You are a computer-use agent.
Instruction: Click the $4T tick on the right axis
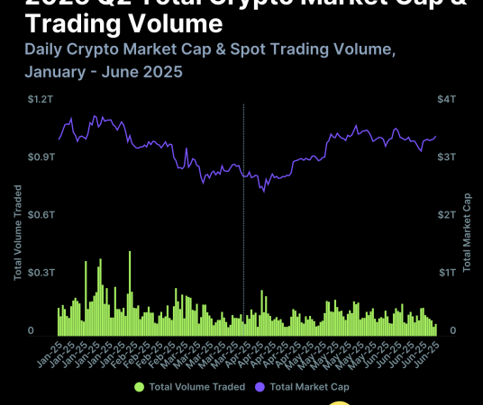(447, 99)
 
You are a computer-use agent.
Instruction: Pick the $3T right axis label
(447, 157)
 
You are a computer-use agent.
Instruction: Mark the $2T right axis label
(447, 215)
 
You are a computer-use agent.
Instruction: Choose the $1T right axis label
(447, 273)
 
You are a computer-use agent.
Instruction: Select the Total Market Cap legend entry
(309, 387)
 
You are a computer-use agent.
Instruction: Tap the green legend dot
(139, 387)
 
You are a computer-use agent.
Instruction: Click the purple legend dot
(260, 387)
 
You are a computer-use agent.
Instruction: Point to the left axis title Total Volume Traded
(18, 232)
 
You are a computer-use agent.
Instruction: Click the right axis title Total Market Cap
(467, 232)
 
